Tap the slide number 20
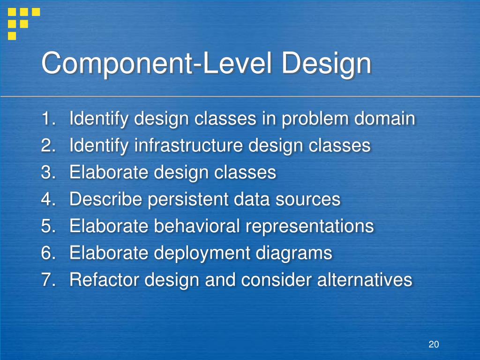coord(433,345)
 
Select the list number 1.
coord(47,119)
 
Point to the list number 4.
coord(47,200)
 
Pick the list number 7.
coord(47,280)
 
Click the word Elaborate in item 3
coord(109,172)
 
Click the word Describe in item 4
coord(106,200)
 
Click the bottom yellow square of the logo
coord(12,35)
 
